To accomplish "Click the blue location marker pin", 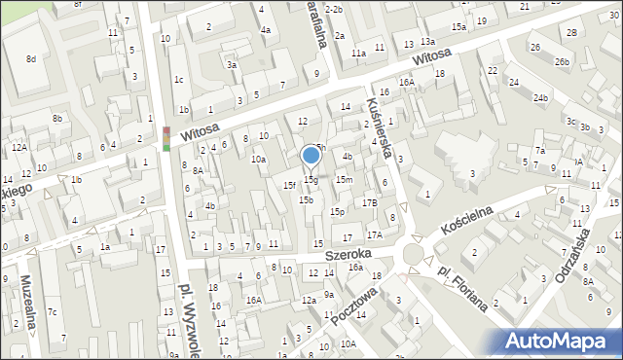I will pyautogui.click(x=311, y=157).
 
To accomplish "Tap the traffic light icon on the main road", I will pyautogui.click(x=165, y=139).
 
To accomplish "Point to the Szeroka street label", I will pyautogui.click(x=346, y=254).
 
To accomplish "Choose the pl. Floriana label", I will pyautogui.click(x=462, y=287).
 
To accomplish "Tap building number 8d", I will pyautogui.click(x=31, y=59).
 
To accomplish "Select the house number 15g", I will pyautogui.click(x=311, y=179).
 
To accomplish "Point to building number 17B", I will pyautogui.click(x=370, y=202).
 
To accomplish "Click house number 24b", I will pyautogui.click(x=540, y=98).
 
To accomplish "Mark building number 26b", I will pyautogui.click(x=562, y=62).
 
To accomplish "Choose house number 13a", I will pyautogui.click(x=427, y=42).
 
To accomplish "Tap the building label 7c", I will pyautogui.click(x=54, y=312).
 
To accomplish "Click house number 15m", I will pyautogui.click(x=344, y=180).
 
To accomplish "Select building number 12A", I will pyautogui.click(x=18, y=148).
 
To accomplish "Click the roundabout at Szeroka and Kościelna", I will pyautogui.click(x=413, y=253).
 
